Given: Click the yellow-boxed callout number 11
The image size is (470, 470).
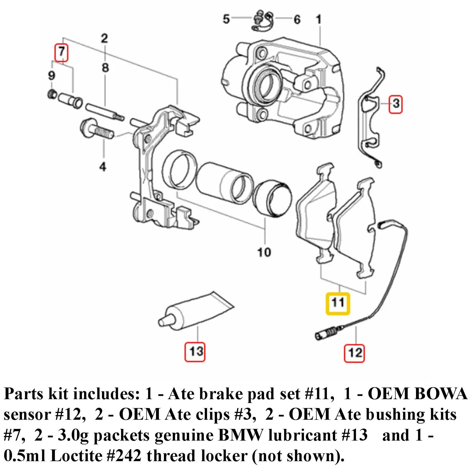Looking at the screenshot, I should coord(338,303).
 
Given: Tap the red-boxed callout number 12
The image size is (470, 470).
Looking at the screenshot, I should coord(354,352).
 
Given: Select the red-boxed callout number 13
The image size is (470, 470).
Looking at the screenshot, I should coord(195,351).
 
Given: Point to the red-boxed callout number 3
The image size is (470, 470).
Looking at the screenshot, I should coord(395,104).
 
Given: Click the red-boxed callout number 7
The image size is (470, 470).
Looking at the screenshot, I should coord(61,52).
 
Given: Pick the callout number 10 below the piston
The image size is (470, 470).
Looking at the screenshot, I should coord(264,252).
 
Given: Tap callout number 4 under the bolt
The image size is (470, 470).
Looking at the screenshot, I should coord(103,167).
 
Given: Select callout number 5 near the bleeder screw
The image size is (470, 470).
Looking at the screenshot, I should coord(226,19).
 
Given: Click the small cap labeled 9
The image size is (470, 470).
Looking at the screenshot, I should coord(52,95).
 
